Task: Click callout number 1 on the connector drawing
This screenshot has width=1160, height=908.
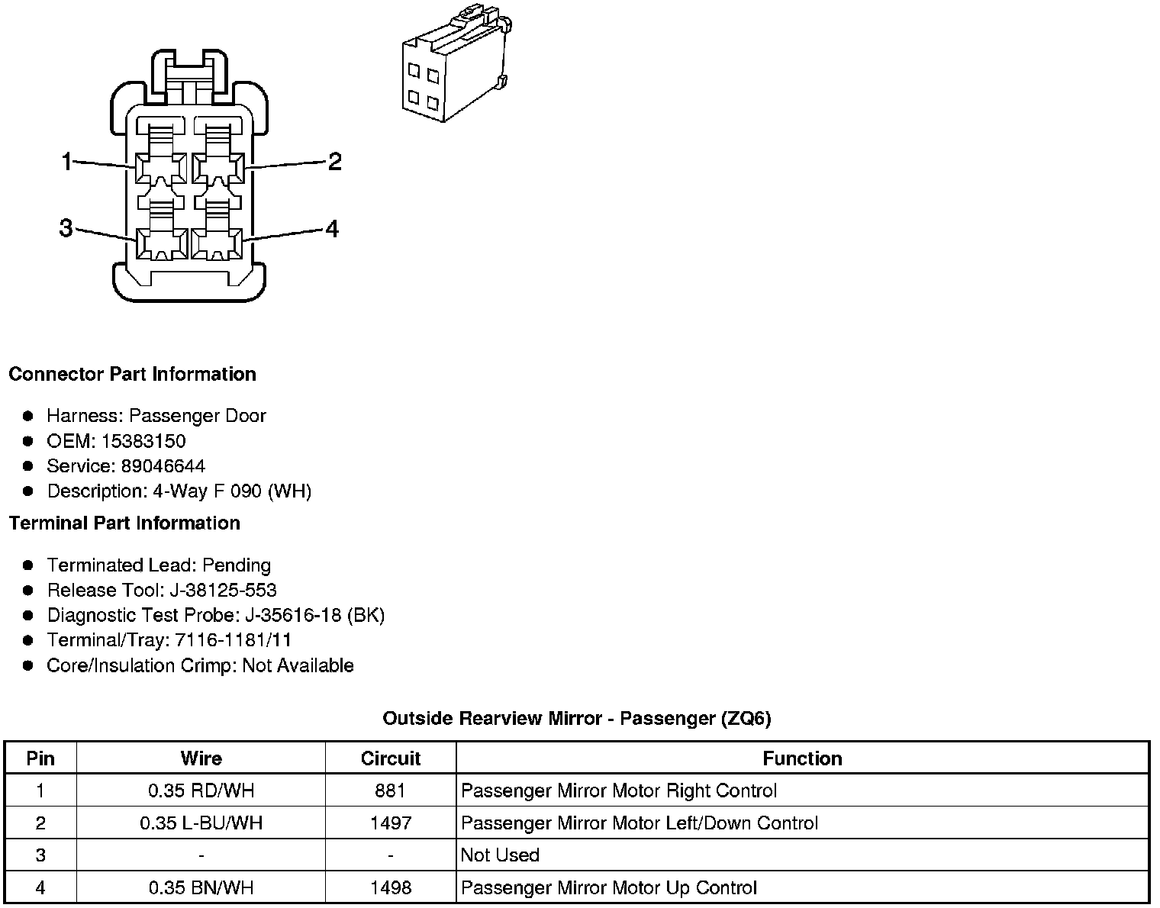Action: [66, 162]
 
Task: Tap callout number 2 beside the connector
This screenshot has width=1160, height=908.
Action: [334, 162]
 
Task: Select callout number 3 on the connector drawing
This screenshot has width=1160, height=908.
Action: [66, 228]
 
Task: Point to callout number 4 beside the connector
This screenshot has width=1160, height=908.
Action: [332, 229]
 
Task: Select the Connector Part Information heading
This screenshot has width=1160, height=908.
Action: [132, 375]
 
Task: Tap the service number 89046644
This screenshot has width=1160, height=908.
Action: [163, 466]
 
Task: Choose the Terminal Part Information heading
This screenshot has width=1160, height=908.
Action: [124, 523]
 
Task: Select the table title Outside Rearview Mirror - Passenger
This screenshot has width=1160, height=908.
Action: [576, 719]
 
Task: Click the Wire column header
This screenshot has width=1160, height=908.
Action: [201, 758]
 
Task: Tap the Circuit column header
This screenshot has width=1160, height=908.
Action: [390, 758]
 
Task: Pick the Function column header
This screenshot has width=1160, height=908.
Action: [802, 758]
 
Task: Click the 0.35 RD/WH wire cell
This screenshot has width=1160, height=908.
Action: [201, 791]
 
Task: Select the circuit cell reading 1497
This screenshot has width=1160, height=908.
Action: [390, 823]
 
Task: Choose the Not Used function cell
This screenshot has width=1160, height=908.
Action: [501, 855]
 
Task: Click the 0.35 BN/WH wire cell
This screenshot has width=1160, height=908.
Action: [201, 888]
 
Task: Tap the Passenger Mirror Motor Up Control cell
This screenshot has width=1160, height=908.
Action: [609, 888]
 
